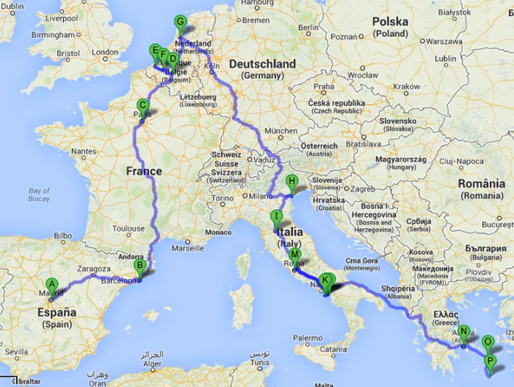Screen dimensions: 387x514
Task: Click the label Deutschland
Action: [262, 64]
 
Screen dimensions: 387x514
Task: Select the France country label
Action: [144, 171]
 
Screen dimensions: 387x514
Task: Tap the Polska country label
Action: [389, 22]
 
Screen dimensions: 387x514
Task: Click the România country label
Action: [481, 184]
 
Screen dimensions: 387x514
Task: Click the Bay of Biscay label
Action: [39, 195]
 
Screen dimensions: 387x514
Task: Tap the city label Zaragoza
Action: [94, 269]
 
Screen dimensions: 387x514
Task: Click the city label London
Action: [105, 52]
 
